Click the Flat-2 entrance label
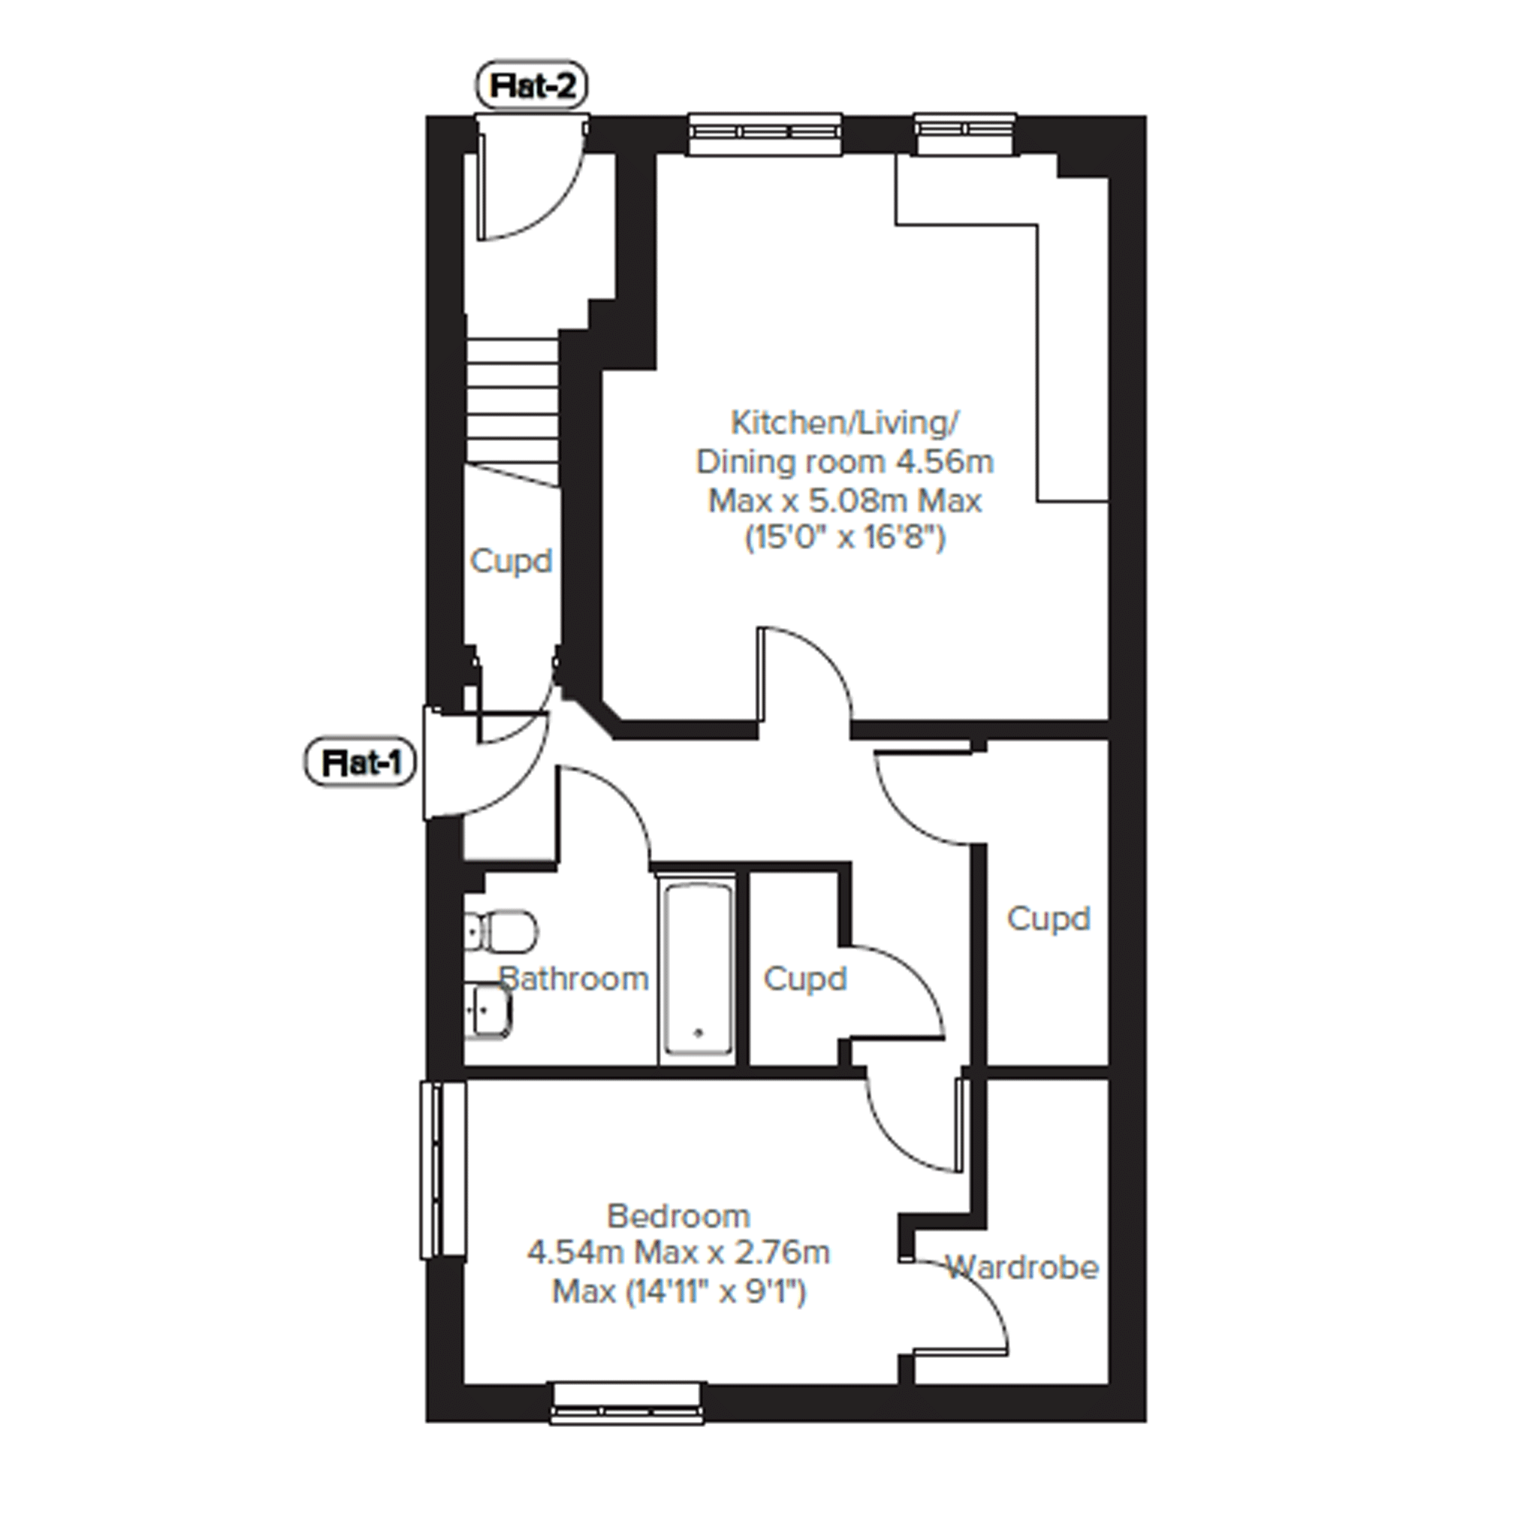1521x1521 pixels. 533,85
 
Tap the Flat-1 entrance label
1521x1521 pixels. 361,762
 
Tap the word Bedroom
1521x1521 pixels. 678,1216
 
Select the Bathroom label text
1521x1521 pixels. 574,979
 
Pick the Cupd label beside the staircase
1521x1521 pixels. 511,561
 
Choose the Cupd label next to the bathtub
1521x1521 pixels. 804,979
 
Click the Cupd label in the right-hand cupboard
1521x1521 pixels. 1049,919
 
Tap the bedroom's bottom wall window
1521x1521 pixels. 626,1403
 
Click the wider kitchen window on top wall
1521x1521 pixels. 765,134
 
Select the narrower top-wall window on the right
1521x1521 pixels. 964,134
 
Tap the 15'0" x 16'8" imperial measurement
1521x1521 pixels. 845,539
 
